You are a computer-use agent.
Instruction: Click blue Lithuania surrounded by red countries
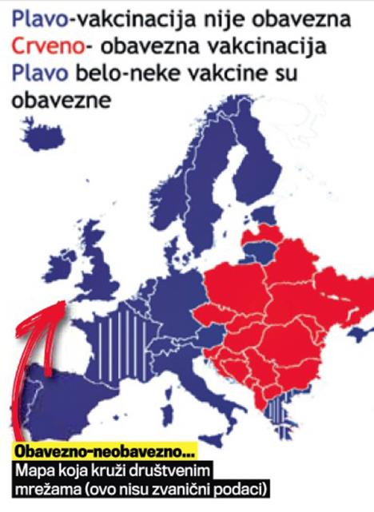(258, 252)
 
